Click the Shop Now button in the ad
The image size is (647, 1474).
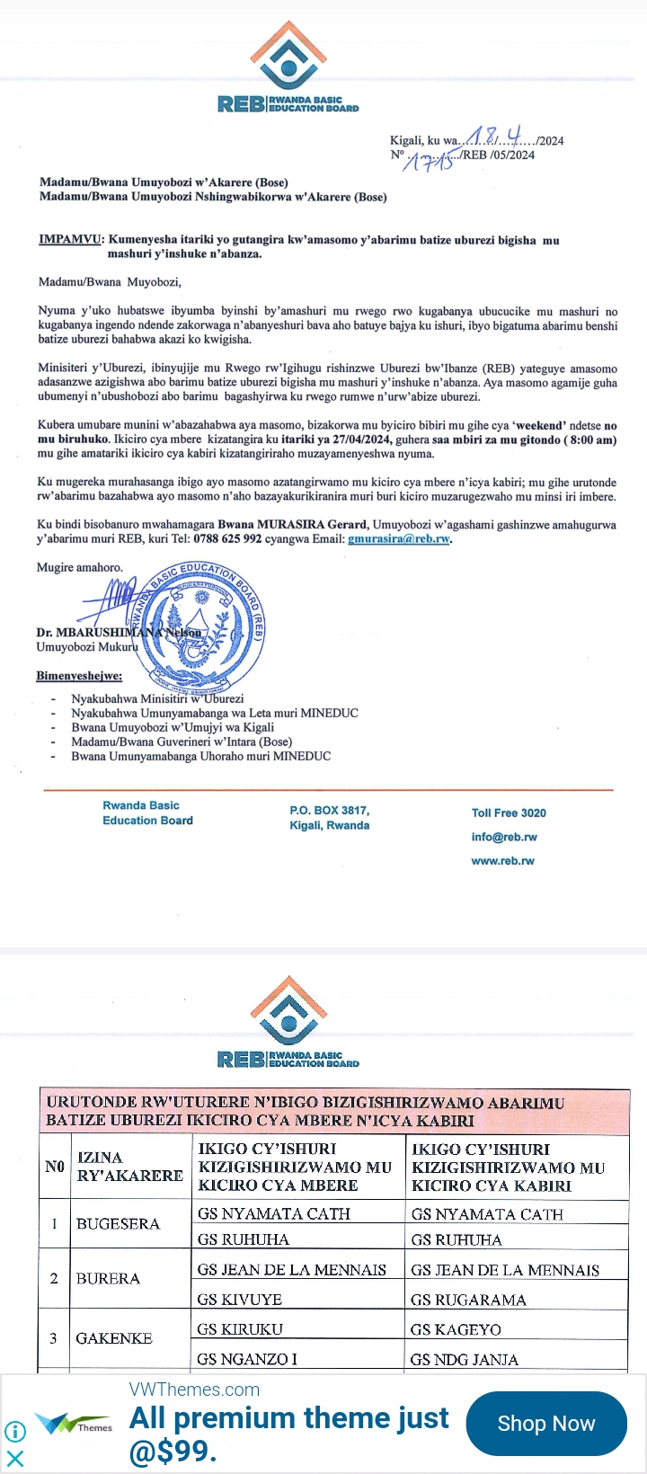(x=546, y=1424)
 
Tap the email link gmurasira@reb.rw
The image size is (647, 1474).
(x=398, y=539)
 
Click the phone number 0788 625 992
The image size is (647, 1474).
(x=227, y=539)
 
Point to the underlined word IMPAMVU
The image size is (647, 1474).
(x=71, y=240)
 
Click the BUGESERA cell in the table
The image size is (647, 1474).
(x=118, y=1224)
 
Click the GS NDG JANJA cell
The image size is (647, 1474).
(x=464, y=1360)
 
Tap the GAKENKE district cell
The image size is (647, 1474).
(x=114, y=1338)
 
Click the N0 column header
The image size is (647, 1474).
(x=55, y=1167)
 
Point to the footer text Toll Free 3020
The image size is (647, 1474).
(x=509, y=813)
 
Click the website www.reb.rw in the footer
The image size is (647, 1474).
(x=502, y=861)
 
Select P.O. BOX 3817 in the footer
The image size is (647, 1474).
(x=329, y=811)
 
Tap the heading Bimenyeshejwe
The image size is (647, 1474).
(x=79, y=676)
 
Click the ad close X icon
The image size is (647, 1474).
(x=15, y=1458)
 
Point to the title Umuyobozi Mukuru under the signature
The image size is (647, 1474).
(x=86, y=647)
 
